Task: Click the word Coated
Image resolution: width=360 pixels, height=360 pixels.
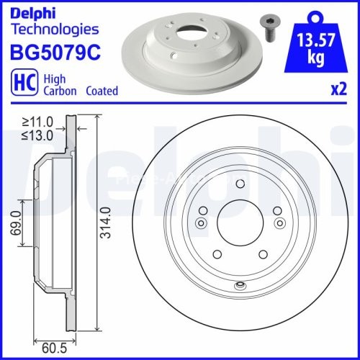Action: click(102, 91)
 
